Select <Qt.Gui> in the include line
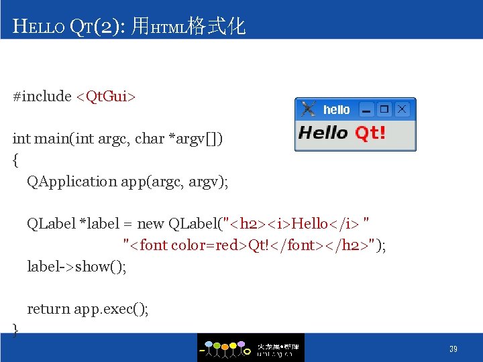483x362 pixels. pyautogui.click(x=105, y=97)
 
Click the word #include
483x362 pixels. pyautogui.click(x=42, y=97)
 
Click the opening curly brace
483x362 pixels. pyautogui.click(x=15, y=160)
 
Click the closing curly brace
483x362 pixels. pyautogui.click(x=15, y=328)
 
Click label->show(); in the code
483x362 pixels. pyautogui.click(x=76, y=267)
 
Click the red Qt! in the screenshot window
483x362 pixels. pyautogui.click(x=370, y=133)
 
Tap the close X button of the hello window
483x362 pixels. pyautogui.click(x=402, y=109)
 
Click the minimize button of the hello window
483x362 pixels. pyautogui.click(x=366, y=109)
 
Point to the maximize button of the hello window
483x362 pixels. pyautogui.click(x=384, y=109)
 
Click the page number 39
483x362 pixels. pyautogui.click(x=453, y=349)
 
